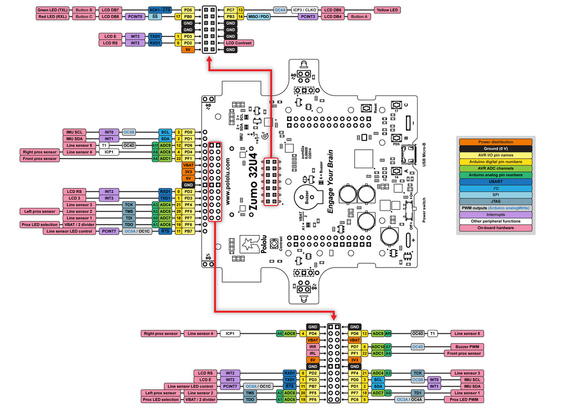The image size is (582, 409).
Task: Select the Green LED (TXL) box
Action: coord(53,10)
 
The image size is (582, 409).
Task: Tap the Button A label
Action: coord(359,16)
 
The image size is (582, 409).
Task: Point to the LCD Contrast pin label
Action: coord(239,43)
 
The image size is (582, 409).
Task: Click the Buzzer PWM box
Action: coord(467,347)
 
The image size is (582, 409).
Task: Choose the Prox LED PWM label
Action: coord(464,400)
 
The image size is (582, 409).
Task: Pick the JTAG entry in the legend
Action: coord(495,202)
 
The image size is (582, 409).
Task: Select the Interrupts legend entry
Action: coord(495,215)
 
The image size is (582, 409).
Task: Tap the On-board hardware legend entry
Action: coord(495,228)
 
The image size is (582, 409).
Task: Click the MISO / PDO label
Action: coord(259,16)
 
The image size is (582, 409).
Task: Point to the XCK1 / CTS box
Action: coord(160,10)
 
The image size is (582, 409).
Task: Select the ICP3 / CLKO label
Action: coord(305,10)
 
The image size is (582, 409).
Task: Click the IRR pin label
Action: coord(313,347)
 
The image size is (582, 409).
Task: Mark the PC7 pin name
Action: coord(230,10)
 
